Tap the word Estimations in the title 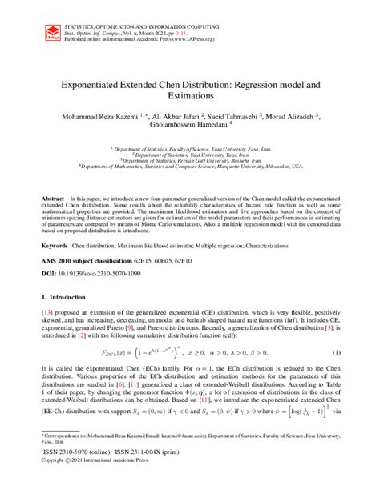pyautogui.click(x=190, y=97)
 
